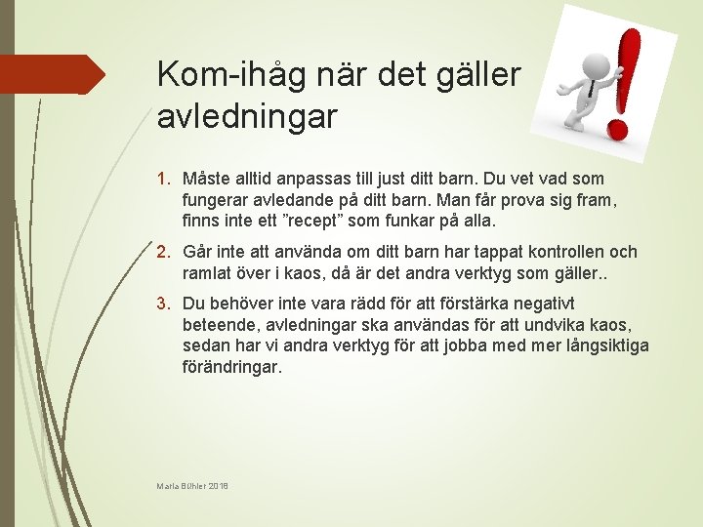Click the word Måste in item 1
point(207,179)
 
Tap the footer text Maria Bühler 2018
point(192,486)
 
